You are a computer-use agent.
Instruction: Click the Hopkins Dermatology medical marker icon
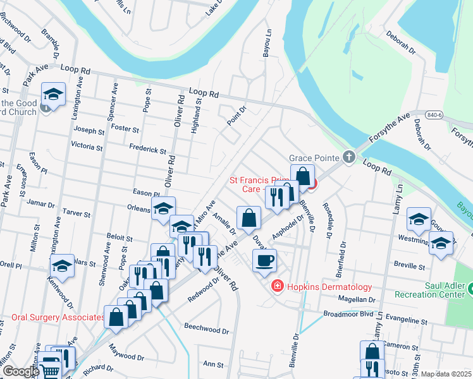[276, 287]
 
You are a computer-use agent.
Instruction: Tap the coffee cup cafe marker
[264, 259]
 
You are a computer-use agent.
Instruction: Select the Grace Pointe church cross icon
[348, 157]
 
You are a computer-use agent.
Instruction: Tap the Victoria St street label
[87, 147]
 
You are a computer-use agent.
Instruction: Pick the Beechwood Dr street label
[206, 329]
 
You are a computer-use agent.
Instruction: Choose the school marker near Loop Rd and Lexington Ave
[54, 95]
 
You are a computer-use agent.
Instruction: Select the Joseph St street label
[89, 131]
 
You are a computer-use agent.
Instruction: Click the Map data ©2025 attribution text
[446, 374]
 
